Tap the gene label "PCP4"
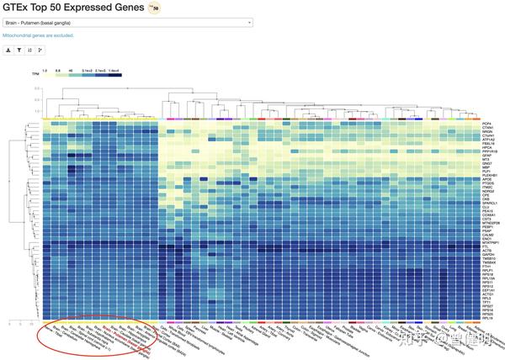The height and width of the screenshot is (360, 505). [486, 124]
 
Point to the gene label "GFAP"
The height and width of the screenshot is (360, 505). [486, 156]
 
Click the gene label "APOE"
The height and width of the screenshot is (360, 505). [486, 179]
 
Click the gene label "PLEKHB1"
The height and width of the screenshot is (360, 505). [489, 175]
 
